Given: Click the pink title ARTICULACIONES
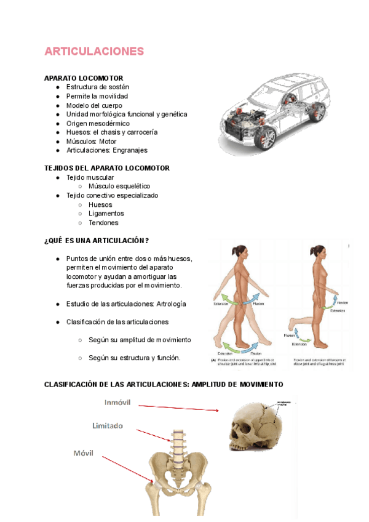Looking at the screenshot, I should point(94,51).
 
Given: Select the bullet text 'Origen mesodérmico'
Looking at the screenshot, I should point(98,123).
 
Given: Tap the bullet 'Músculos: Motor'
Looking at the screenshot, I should point(91,141).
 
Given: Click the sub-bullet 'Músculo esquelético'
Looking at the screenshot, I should point(119,186).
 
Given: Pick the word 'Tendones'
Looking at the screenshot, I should point(103,223).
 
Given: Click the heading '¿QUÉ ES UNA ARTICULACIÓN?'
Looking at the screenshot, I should point(97,240).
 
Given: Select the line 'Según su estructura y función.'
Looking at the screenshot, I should point(134,358).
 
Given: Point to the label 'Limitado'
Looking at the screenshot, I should point(108,425).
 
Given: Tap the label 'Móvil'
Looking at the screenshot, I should point(84,453).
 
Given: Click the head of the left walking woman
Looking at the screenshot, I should point(239,252).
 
